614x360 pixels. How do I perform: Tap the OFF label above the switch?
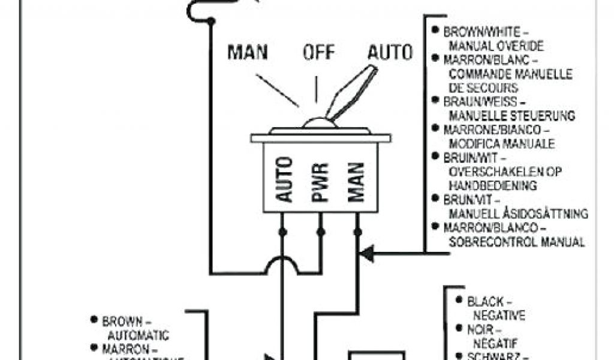(x=318, y=52)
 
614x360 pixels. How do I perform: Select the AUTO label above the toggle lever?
(x=390, y=52)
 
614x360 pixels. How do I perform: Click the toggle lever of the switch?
(x=352, y=93)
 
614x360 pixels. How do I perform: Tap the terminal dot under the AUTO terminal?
(x=282, y=232)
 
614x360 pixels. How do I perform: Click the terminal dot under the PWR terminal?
(x=320, y=232)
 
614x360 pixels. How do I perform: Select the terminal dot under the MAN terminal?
(x=358, y=232)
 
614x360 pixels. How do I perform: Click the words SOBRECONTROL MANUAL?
(x=516, y=242)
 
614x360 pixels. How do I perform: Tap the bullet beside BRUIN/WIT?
(x=436, y=157)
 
